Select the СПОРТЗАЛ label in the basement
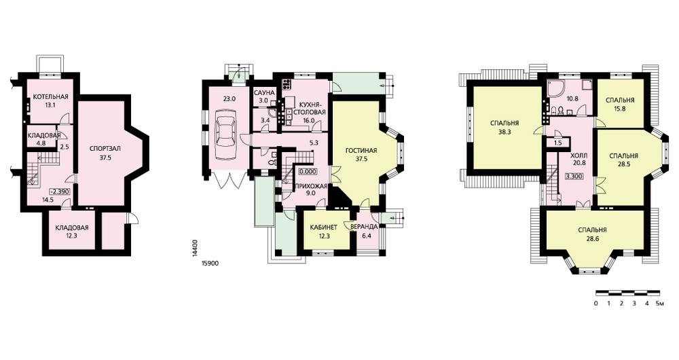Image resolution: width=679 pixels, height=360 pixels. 105,149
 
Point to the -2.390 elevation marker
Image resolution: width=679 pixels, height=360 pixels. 60,192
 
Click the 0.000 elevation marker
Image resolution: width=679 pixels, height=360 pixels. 308,172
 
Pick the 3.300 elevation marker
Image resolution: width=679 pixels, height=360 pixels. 574,177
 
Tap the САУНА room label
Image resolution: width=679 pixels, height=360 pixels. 264,93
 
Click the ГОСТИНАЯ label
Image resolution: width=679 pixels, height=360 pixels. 361,151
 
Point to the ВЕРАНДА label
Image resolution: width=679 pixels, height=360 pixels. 364,227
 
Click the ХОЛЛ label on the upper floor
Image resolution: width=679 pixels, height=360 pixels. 579,155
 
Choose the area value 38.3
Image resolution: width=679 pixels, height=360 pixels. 504,132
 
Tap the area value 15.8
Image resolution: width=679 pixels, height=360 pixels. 620,109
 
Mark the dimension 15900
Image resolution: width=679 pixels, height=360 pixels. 210,263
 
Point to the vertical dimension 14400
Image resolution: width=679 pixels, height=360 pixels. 195,249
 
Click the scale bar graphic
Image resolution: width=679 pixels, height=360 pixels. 627,293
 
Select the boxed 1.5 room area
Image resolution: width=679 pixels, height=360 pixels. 557,143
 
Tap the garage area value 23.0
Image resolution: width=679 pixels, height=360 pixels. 229,98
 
